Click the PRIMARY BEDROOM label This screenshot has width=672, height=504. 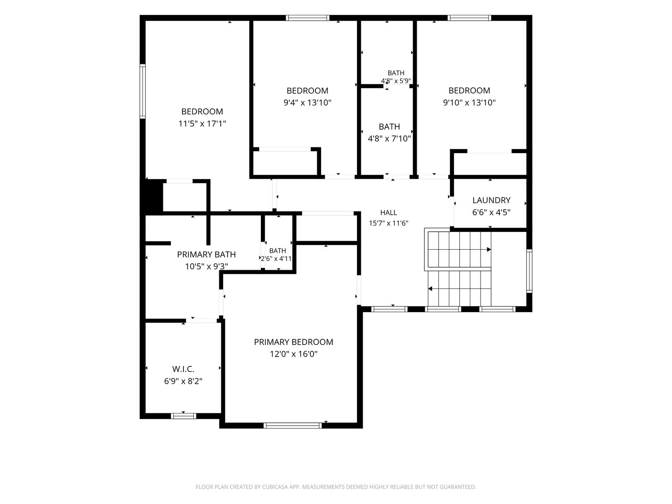coord(293,342)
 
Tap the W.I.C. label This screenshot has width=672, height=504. coord(183,369)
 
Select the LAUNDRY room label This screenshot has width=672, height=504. coord(491,200)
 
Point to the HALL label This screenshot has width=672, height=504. coord(389,212)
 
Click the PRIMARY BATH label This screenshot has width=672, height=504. coord(206,254)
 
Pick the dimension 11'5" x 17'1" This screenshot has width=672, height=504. coord(202,124)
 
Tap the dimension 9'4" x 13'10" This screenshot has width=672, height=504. coord(308,103)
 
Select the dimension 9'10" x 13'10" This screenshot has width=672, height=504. coord(469,103)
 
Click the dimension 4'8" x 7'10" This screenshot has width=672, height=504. coord(389,139)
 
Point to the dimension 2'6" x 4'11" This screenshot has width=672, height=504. coord(276,259)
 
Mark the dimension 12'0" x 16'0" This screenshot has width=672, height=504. coord(293,354)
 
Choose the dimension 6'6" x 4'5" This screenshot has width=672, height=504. coord(491,212)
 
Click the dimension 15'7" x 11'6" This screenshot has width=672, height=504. coord(389,223)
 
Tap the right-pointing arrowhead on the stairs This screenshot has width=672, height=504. coord(489,249)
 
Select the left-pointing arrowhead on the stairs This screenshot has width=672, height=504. coord(430,288)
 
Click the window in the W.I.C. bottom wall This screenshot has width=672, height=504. coord(183,416)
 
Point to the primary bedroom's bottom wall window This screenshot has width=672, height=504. coord(293,425)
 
